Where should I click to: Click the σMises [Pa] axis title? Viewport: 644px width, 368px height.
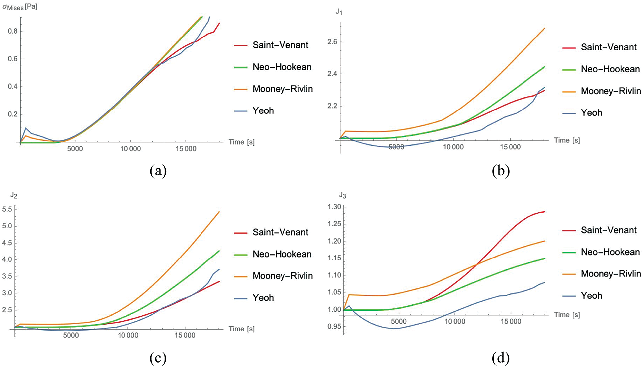click(20, 7)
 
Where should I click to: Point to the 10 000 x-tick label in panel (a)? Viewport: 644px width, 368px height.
click(130, 149)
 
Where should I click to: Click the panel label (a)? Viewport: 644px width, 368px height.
click(158, 171)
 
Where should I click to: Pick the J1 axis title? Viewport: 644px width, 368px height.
click(339, 12)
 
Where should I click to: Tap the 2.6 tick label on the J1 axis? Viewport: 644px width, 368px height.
click(332, 42)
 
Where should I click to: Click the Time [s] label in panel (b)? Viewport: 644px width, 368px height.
click(567, 140)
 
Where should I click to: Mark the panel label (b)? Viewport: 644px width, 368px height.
click(500, 171)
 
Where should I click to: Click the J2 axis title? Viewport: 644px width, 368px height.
click(14, 195)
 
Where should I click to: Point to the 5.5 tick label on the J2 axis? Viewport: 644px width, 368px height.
click(7, 209)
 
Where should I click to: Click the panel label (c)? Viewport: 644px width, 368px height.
click(158, 358)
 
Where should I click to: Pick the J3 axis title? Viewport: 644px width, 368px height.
click(342, 195)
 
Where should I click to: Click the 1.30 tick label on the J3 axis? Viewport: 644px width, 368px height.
click(334, 207)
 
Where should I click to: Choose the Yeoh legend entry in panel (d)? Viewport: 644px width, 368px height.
click(591, 296)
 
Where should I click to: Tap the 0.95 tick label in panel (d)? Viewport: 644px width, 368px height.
click(334, 327)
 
